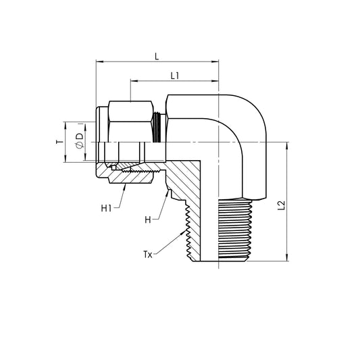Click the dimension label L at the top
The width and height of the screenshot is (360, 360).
[157, 57]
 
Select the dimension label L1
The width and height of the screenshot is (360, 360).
[174, 76]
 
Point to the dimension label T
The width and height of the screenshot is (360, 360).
[58, 143]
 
